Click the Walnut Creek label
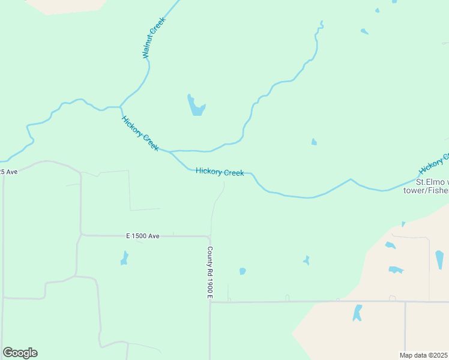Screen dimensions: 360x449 pos(154,38)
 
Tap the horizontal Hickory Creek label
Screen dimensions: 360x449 pos(220,172)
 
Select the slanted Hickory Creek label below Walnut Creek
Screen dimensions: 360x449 pos(140,133)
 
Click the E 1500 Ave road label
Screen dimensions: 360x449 pos(143,236)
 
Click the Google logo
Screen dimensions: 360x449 pos(20,353)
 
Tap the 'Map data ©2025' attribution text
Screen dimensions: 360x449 pos(424,355)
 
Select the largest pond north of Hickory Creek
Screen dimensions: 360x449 pos(196,106)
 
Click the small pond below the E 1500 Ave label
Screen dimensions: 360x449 pos(125,259)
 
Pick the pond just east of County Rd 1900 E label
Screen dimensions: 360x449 pos(243,271)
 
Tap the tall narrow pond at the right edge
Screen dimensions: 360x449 pos(439,259)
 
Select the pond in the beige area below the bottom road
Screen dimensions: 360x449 pos(358,313)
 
